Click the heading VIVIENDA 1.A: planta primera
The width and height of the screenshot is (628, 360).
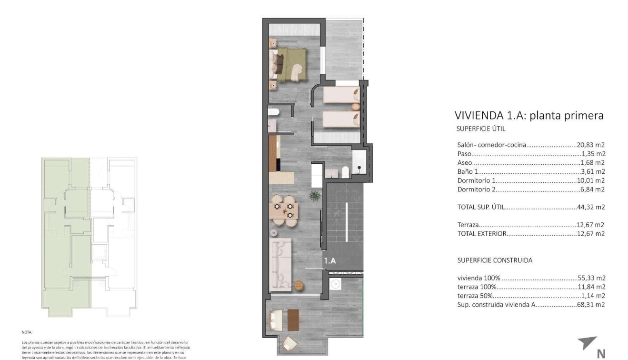coord(529,115)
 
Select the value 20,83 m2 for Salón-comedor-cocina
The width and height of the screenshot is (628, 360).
coord(591,145)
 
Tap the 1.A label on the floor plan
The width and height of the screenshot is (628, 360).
coord(330,261)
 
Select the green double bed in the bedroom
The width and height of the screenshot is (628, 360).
coord(290,65)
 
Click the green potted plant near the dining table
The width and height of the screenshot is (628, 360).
coord(314,195)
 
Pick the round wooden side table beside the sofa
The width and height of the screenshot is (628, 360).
coord(299,285)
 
